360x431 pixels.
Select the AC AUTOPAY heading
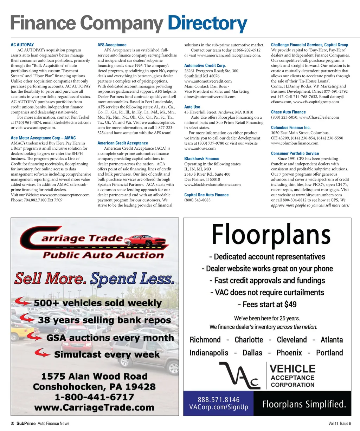[22, 45]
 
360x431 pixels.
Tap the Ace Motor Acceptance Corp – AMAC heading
[43, 138]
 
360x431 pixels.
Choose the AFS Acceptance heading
[112, 45]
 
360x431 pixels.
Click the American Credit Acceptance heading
[123, 143]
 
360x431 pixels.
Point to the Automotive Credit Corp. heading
[205, 66]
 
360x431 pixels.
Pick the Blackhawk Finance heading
[202, 159]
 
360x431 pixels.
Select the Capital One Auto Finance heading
[206, 195]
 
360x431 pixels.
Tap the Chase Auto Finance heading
[288, 112]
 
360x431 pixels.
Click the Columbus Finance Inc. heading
[291, 128]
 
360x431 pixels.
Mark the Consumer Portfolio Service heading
[295, 154]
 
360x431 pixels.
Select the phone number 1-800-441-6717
[94, 397]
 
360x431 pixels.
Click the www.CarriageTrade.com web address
[94, 408]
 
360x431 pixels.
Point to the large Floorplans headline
[271, 234]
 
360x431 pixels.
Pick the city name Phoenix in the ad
[289, 353]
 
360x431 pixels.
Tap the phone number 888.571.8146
[219, 400]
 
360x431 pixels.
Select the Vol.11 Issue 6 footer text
[340, 423]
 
